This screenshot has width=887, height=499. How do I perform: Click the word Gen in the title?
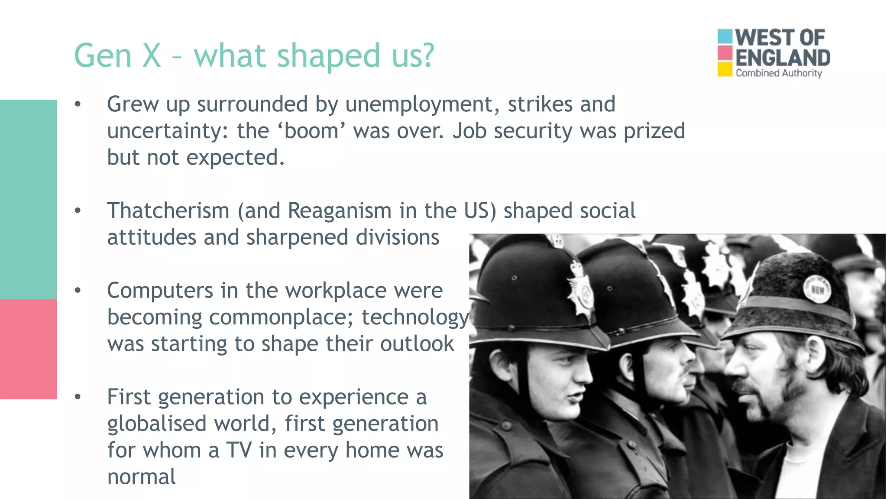click(x=103, y=56)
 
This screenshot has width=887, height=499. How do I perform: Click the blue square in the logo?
click(x=725, y=36)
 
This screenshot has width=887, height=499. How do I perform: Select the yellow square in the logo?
click(x=725, y=69)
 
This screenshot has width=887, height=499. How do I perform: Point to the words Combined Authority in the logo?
click(x=778, y=73)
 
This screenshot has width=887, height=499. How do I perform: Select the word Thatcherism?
click(x=168, y=211)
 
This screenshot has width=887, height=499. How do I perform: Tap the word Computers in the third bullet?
click(x=160, y=291)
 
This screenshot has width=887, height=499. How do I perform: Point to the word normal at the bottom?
click(x=141, y=477)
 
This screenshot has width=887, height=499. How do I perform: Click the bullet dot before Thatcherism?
click(x=78, y=211)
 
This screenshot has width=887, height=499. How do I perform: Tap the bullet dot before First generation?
click(x=78, y=397)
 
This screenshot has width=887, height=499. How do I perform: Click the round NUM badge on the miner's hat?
click(x=817, y=289)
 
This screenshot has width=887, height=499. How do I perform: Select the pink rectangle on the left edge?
click(x=28, y=349)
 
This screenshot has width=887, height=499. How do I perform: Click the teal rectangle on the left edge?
click(x=28, y=199)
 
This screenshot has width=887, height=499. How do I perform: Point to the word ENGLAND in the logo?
click(x=783, y=58)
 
